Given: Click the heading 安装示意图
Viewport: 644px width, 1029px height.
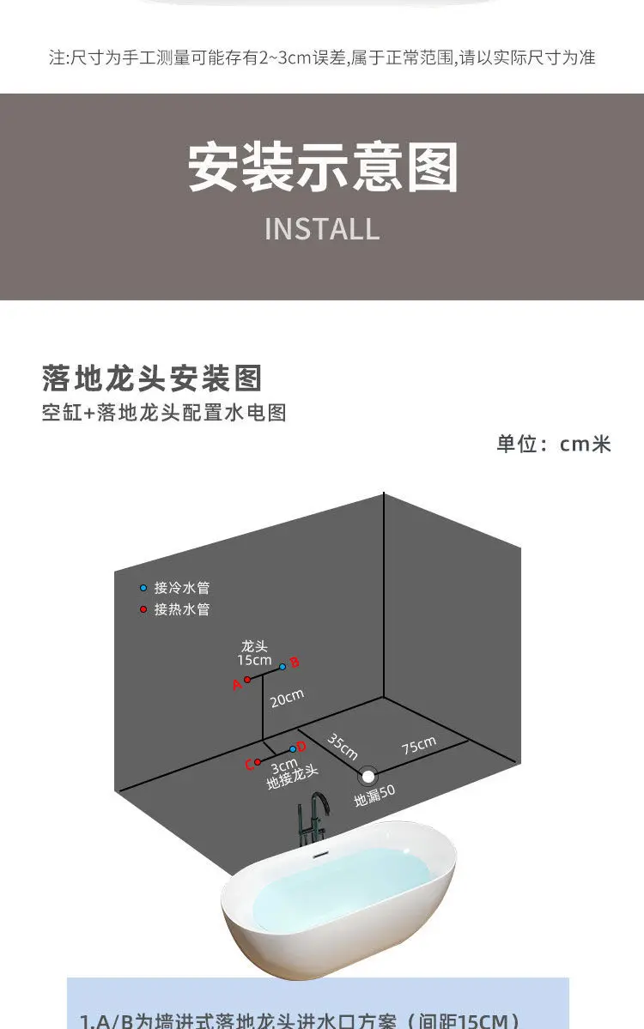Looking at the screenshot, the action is tap(322, 167).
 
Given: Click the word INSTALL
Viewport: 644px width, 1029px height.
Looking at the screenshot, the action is tap(322, 229).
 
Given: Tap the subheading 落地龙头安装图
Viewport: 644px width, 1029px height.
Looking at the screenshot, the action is tap(151, 378).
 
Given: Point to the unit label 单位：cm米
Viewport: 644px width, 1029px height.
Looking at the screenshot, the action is tap(553, 444).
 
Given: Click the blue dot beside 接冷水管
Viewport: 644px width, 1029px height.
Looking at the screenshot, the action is tap(143, 588).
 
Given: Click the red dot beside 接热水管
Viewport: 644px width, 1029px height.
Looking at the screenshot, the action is tap(143, 609).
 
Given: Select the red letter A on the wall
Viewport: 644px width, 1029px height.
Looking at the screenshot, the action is tap(237, 685).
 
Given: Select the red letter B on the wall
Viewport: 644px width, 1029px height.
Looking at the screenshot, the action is tap(294, 663).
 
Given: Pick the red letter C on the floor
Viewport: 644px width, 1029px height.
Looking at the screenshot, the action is tap(249, 765).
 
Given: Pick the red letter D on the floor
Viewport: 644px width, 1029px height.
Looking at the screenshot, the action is tap(301, 747).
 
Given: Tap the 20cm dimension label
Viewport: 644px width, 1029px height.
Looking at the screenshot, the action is tap(287, 699).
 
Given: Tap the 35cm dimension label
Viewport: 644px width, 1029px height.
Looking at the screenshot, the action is tap(342, 747).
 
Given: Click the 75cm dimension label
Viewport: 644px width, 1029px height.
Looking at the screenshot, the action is tap(418, 746).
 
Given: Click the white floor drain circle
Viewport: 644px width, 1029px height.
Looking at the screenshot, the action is tap(368, 776).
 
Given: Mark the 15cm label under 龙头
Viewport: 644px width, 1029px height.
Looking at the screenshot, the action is tap(254, 660).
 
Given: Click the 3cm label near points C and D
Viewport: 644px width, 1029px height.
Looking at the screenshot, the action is tap(284, 766).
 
